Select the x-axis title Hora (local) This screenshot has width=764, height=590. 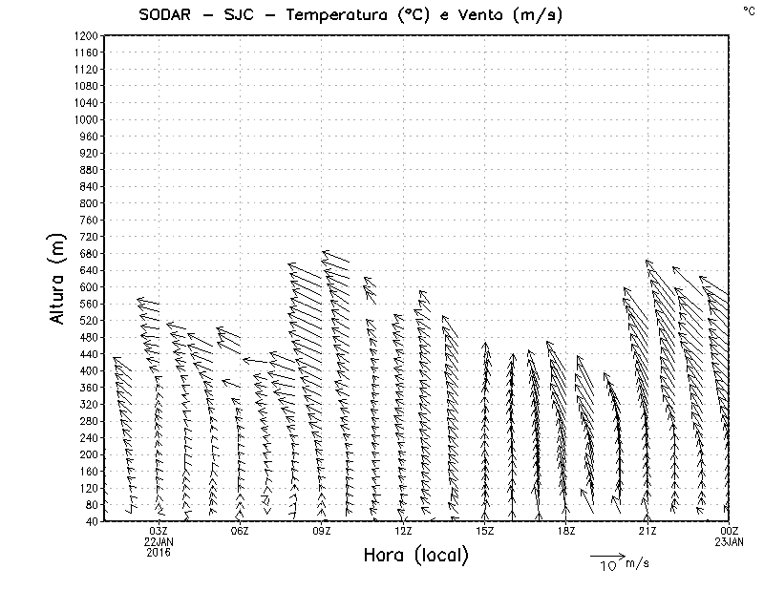[416, 556]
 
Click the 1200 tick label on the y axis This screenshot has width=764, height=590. [86, 35]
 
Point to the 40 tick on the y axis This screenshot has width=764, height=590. [92, 520]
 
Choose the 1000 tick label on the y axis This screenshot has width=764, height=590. [86, 119]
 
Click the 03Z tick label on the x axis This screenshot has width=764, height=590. [159, 531]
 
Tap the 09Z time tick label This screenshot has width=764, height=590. [322, 531]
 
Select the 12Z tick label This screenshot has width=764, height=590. [403, 531]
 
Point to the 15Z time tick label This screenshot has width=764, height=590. [485, 531]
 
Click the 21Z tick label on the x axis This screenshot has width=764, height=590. [647, 531]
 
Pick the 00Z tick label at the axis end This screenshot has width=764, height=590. [730, 531]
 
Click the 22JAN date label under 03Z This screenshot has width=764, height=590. [159, 541]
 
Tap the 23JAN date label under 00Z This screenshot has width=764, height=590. [730, 541]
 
